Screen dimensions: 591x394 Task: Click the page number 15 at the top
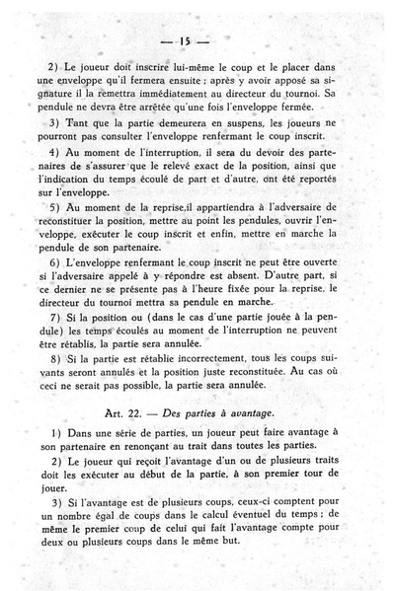coord(197,42)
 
